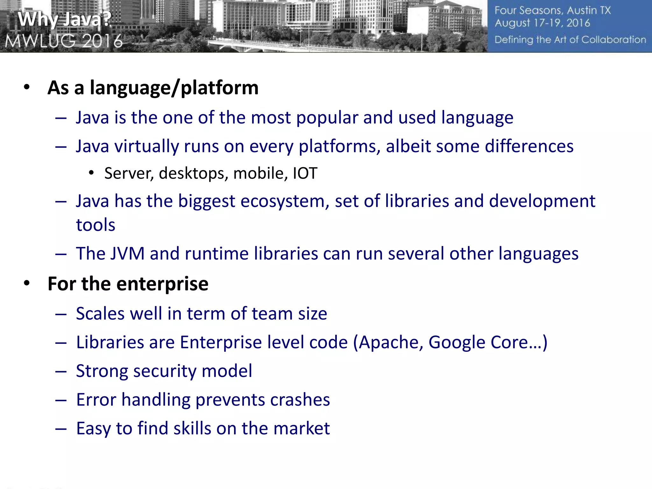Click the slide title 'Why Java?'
[x=64, y=19]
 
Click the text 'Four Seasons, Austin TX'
[x=553, y=10]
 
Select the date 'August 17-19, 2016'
[x=542, y=23]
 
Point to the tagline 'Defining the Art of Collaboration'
[x=570, y=40]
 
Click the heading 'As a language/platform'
[x=153, y=88]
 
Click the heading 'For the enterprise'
[x=128, y=284]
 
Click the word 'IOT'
[x=305, y=174]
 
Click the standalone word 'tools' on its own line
[x=96, y=225]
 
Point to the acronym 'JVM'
[x=127, y=254]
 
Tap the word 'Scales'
[x=100, y=314]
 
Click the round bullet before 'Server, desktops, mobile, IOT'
[x=91, y=173]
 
